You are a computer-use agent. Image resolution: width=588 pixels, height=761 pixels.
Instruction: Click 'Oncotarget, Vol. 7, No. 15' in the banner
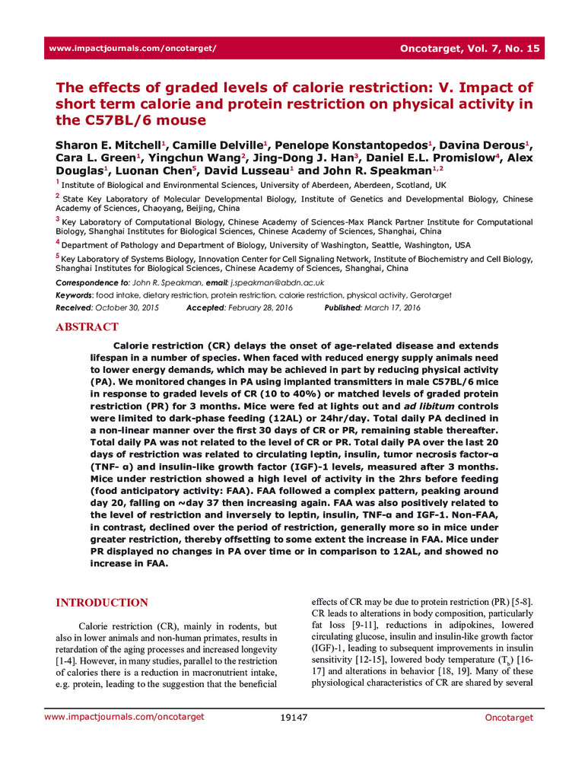[x=469, y=48]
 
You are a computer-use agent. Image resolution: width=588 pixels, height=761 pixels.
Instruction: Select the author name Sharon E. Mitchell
[x=105, y=145]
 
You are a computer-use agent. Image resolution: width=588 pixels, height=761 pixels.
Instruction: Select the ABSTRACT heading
[x=87, y=327]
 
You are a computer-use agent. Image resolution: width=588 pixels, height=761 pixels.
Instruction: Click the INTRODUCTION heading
[x=102, y=603]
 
